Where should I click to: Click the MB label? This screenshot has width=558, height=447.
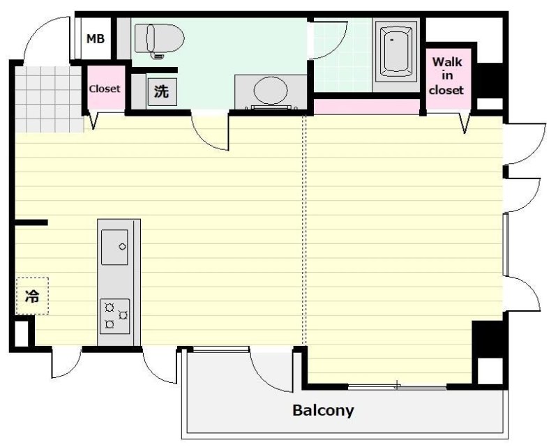coord(96,38)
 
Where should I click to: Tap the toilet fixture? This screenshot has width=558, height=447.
coord(160,40)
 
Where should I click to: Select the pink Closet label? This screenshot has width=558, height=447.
coord(105,89)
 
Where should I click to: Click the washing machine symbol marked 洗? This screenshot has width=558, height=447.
coord(162,92)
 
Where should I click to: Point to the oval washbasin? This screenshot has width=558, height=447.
coord(271,91)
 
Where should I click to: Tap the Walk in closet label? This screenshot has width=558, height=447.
coord(447,76)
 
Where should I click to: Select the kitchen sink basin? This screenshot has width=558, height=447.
coord(114,248)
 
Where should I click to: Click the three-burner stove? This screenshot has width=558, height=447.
coord(114,317)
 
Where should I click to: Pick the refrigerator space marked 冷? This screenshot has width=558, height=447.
coord(32,296)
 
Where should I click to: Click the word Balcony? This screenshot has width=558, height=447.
coord(323,410)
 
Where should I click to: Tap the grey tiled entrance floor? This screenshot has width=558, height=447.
coord(49,99)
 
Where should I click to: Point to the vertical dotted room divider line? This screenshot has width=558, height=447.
coord(303,229)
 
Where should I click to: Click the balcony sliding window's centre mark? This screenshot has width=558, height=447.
coord(397,385)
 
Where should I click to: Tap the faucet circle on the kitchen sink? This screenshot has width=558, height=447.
coord(123,247)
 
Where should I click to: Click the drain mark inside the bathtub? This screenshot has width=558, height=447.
coord(392,40)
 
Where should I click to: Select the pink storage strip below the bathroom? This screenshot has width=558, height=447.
coord(367,107)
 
